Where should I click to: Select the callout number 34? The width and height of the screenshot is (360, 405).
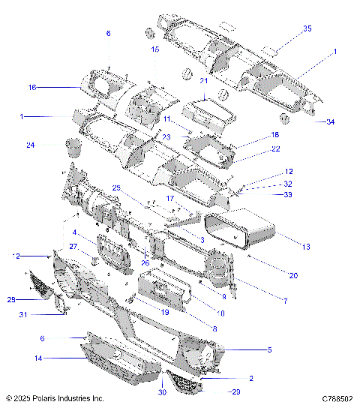coord(330,121)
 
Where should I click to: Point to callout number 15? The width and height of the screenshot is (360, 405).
coord(155,49)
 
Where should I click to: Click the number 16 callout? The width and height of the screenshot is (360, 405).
coord(32,88)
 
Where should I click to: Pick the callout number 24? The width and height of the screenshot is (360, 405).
coord(30,145)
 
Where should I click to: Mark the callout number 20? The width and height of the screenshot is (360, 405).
coord(293,276)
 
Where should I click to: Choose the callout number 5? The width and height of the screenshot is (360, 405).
coord(269,349)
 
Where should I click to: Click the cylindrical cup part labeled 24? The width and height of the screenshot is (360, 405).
coord(73,145)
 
